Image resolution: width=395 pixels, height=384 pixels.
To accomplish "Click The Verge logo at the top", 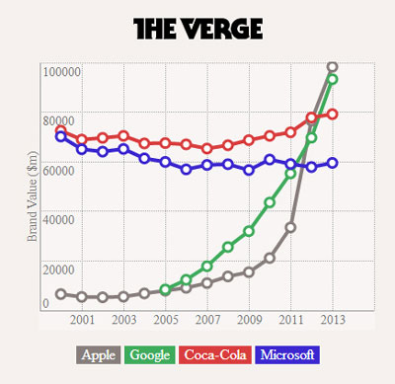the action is [x=197, y=29].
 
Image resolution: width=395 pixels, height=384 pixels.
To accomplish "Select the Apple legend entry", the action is [x=99, y=354].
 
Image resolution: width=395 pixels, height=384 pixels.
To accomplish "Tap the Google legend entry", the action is [x=150, y=354].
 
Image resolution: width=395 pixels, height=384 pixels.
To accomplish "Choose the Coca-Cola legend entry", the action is [x=215, y=354].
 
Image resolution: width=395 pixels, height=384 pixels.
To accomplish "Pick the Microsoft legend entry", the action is [x=287, y=354].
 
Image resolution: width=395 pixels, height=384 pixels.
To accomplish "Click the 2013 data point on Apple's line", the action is [x=333, y=67].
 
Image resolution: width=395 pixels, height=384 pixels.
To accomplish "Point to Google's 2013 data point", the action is [x=333, y=79].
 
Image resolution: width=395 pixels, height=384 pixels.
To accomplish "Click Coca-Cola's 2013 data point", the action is [x=333, y=115].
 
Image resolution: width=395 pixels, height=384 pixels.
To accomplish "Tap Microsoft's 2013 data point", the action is [x=333, y=163].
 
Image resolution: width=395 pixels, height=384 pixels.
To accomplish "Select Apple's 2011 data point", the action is [x=290, y=227].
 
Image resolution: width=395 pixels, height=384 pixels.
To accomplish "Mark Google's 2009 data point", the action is [x=249, y=231].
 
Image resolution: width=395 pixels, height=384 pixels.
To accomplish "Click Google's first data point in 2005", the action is [x=165, y=289].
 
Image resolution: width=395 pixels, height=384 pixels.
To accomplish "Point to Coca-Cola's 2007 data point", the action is [x=207, y=149].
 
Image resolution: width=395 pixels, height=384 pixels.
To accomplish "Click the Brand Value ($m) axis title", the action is [x=32, y=196].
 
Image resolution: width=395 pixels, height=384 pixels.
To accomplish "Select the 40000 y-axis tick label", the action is [x=58, y=219].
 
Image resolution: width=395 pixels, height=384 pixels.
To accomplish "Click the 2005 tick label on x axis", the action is [x=166, y=320].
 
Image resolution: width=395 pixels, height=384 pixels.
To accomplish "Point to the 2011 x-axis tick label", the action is [x=291, y=320].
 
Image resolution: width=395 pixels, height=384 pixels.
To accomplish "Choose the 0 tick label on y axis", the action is [x=45, y=303].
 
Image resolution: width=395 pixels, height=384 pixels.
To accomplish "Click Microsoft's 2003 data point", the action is [x=123, y=149].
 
